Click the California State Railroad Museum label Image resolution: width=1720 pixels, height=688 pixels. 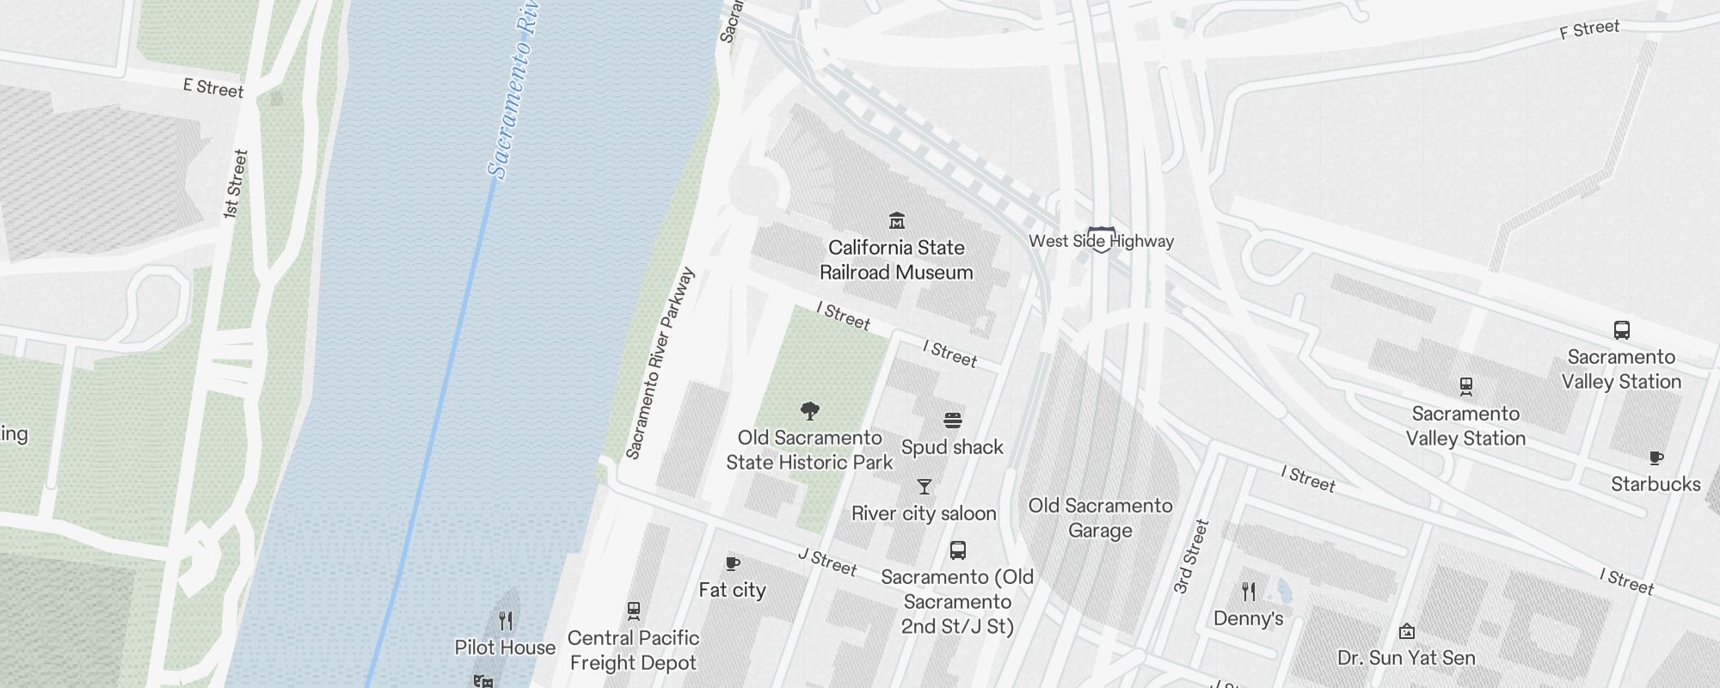896,260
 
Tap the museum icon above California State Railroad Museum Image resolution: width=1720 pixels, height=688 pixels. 897,221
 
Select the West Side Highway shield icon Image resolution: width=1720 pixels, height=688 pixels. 1102,239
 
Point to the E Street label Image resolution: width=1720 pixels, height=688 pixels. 213,88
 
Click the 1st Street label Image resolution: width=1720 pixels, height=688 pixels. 235,184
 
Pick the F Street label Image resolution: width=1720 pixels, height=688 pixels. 1589,29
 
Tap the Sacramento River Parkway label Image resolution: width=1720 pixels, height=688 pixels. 660,363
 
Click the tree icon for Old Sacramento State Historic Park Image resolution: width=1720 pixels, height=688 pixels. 809,410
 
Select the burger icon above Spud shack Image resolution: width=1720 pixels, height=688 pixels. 952,421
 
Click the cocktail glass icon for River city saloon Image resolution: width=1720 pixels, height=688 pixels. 924,487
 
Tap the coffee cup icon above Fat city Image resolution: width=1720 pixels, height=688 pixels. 733,563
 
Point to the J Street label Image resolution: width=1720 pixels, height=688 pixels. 827,562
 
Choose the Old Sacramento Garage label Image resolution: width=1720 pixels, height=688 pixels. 1100,518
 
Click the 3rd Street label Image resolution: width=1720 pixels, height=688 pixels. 1191,556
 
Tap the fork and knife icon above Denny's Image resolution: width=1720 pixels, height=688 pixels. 1249,592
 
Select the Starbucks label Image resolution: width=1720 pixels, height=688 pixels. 1655,484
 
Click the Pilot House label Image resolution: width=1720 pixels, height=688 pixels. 505,648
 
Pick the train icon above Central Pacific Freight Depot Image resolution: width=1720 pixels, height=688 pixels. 634,611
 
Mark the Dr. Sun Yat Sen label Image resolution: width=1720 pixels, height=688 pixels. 1406,658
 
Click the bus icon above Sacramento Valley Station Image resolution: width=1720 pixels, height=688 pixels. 1621,330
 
